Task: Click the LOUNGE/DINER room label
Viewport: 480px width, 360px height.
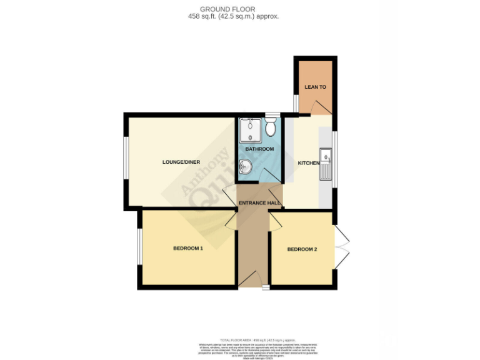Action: click(x=181, y=162)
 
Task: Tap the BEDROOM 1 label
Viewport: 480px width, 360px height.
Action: click(x=188, y=248)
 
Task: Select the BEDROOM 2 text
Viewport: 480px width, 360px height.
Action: click(x=302, y=249)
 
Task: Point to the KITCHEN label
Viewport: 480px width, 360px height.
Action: click(x=308, y=163)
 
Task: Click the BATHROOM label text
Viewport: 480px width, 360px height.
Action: click(x=259, y=149)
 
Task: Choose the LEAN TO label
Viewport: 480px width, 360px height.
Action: click(x=315, y=87)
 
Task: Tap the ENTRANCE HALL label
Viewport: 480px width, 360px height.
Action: click(x=259, y=203)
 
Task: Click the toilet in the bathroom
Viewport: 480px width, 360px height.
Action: click(x=271, y=129)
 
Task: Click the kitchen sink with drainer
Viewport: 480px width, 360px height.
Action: click(x=326, y=164)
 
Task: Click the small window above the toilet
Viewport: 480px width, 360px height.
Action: click(x=271, y=115)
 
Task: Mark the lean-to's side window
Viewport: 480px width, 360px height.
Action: click(x=296, y=103)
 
